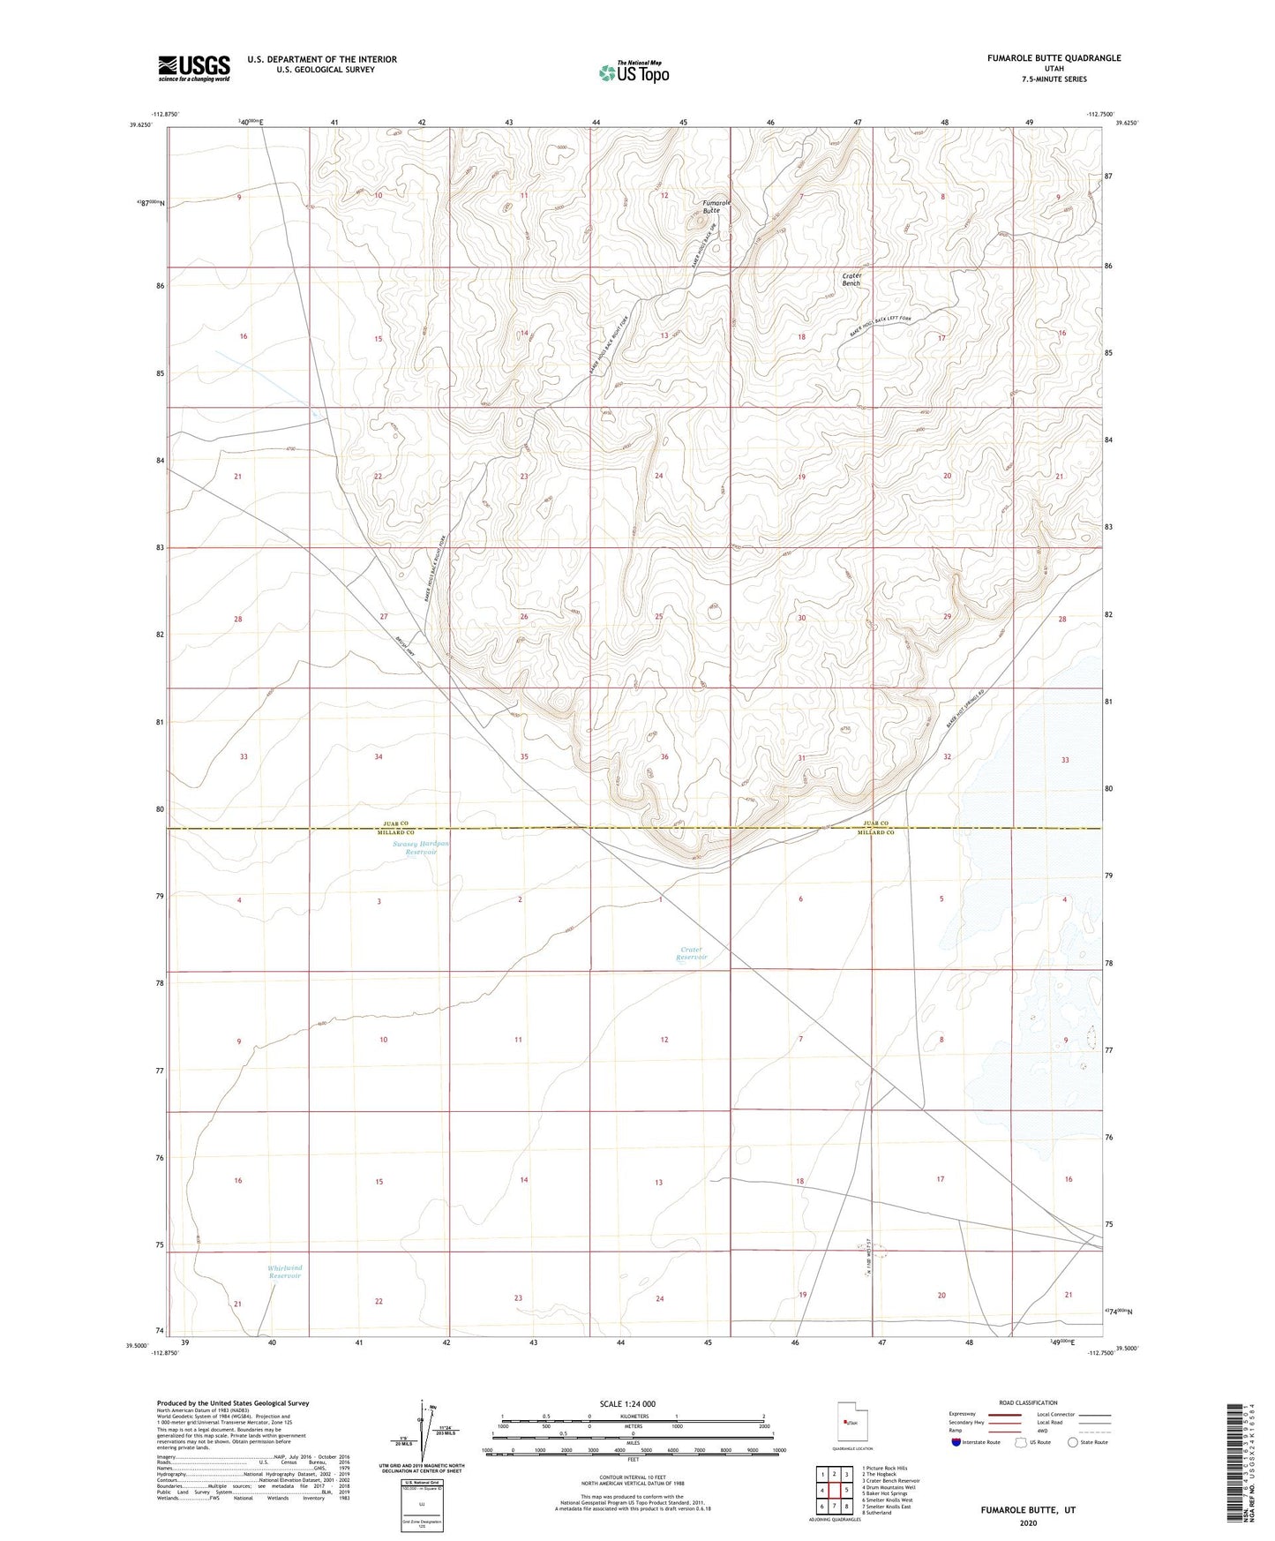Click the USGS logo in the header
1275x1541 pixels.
coord(193,68)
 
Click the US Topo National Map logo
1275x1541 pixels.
coord(633,71)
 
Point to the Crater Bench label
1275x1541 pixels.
coord(851,279)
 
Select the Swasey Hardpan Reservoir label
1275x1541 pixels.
coord(420,847)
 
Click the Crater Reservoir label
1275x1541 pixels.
coord(692,953)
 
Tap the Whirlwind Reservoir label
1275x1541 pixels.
coord(284,1272)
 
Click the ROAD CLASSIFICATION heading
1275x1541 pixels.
coord(1028,1402)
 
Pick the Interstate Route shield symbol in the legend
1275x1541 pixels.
coord(956,1442)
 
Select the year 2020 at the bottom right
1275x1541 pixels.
coord(1028,1522)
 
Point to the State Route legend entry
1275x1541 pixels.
coord(1087,1442)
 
